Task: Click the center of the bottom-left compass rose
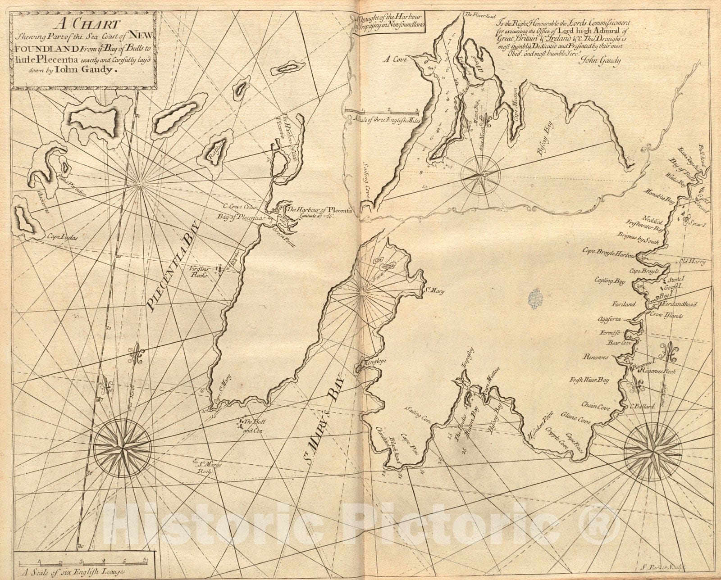point(122,447)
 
